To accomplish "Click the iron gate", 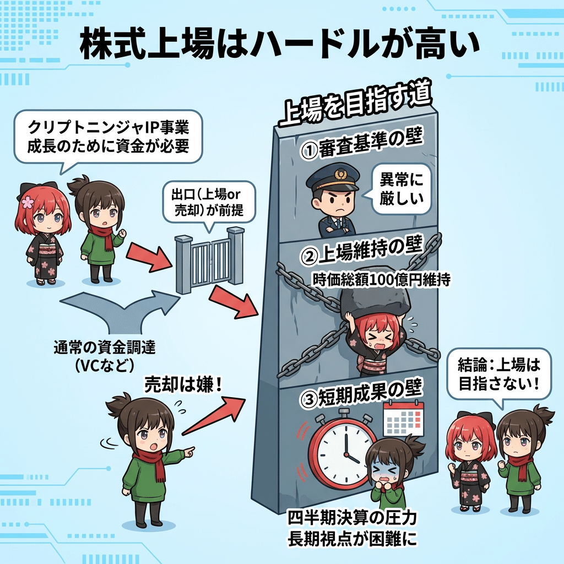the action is (209, 260).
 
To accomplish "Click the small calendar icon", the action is (403, 419).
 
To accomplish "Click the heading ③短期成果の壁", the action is (361, 394).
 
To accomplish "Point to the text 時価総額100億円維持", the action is (381, 280).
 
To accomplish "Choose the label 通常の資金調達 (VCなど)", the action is (104, 356).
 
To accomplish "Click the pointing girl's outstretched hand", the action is (188, 452).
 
